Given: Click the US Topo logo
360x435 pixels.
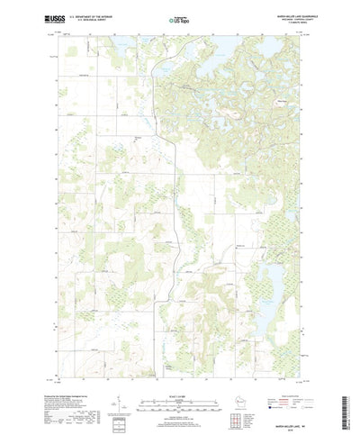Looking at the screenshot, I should (x=178, y=16).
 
